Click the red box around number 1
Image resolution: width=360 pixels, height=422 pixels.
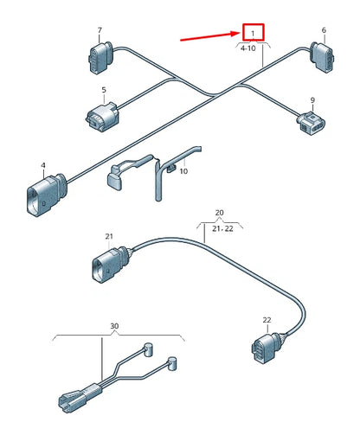(x=253, y=33)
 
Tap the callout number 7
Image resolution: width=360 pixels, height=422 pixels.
(x=100, y=30)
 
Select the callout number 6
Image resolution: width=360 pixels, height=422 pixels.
(x=324, y=30)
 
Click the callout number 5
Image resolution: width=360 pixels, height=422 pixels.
(x=103, y=90)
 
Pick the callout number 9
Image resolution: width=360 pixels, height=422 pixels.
(x=312, y=99)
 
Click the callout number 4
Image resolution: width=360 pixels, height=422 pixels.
(x=43, y=164)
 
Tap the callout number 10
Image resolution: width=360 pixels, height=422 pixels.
(x=183, y=172)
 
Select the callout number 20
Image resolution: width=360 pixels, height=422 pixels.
(x=219, y=212)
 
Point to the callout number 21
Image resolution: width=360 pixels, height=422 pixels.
(x=109, y=236)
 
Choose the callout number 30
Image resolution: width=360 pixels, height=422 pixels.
(x=114, y=326)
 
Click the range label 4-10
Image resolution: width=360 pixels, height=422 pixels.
(x=247, y=49)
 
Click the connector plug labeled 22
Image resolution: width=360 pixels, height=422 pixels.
(x=261, y=348)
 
